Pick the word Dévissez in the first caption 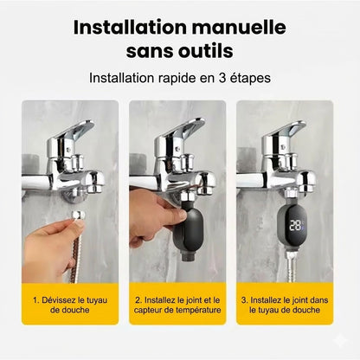(x=61, y=300)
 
